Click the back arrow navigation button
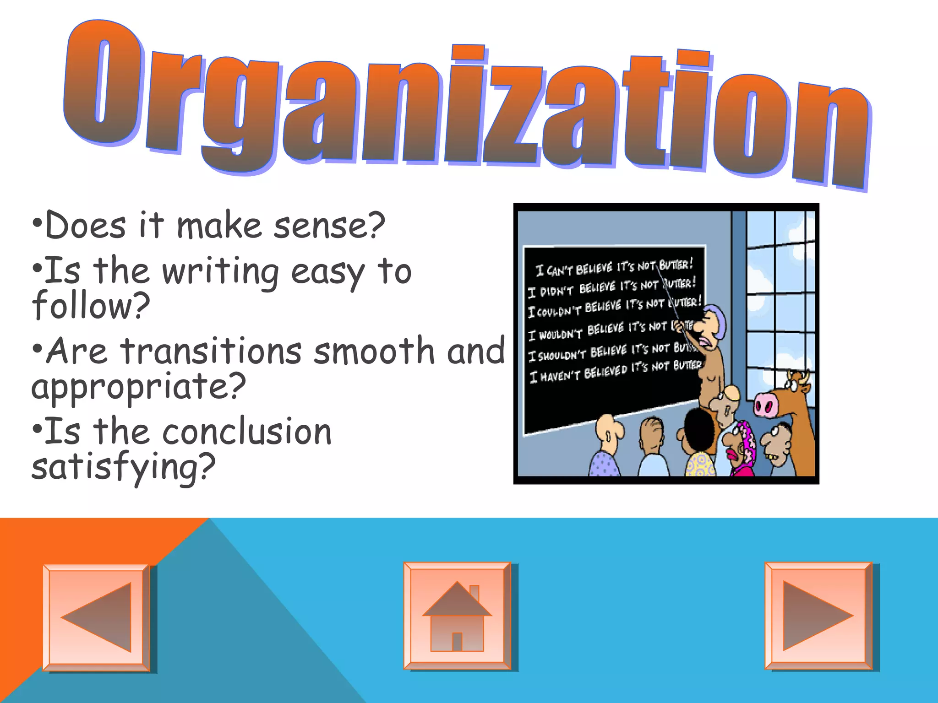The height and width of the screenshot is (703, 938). [97, 617]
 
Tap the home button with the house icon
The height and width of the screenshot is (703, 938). [457, 616]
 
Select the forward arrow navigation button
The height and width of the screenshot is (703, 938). [818, 616]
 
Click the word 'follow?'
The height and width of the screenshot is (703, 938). [91, 305]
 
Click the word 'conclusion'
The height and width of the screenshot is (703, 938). [247, 432]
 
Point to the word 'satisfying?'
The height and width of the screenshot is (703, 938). [123, 467]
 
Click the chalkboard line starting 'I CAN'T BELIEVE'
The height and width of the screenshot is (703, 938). [614, 267]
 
